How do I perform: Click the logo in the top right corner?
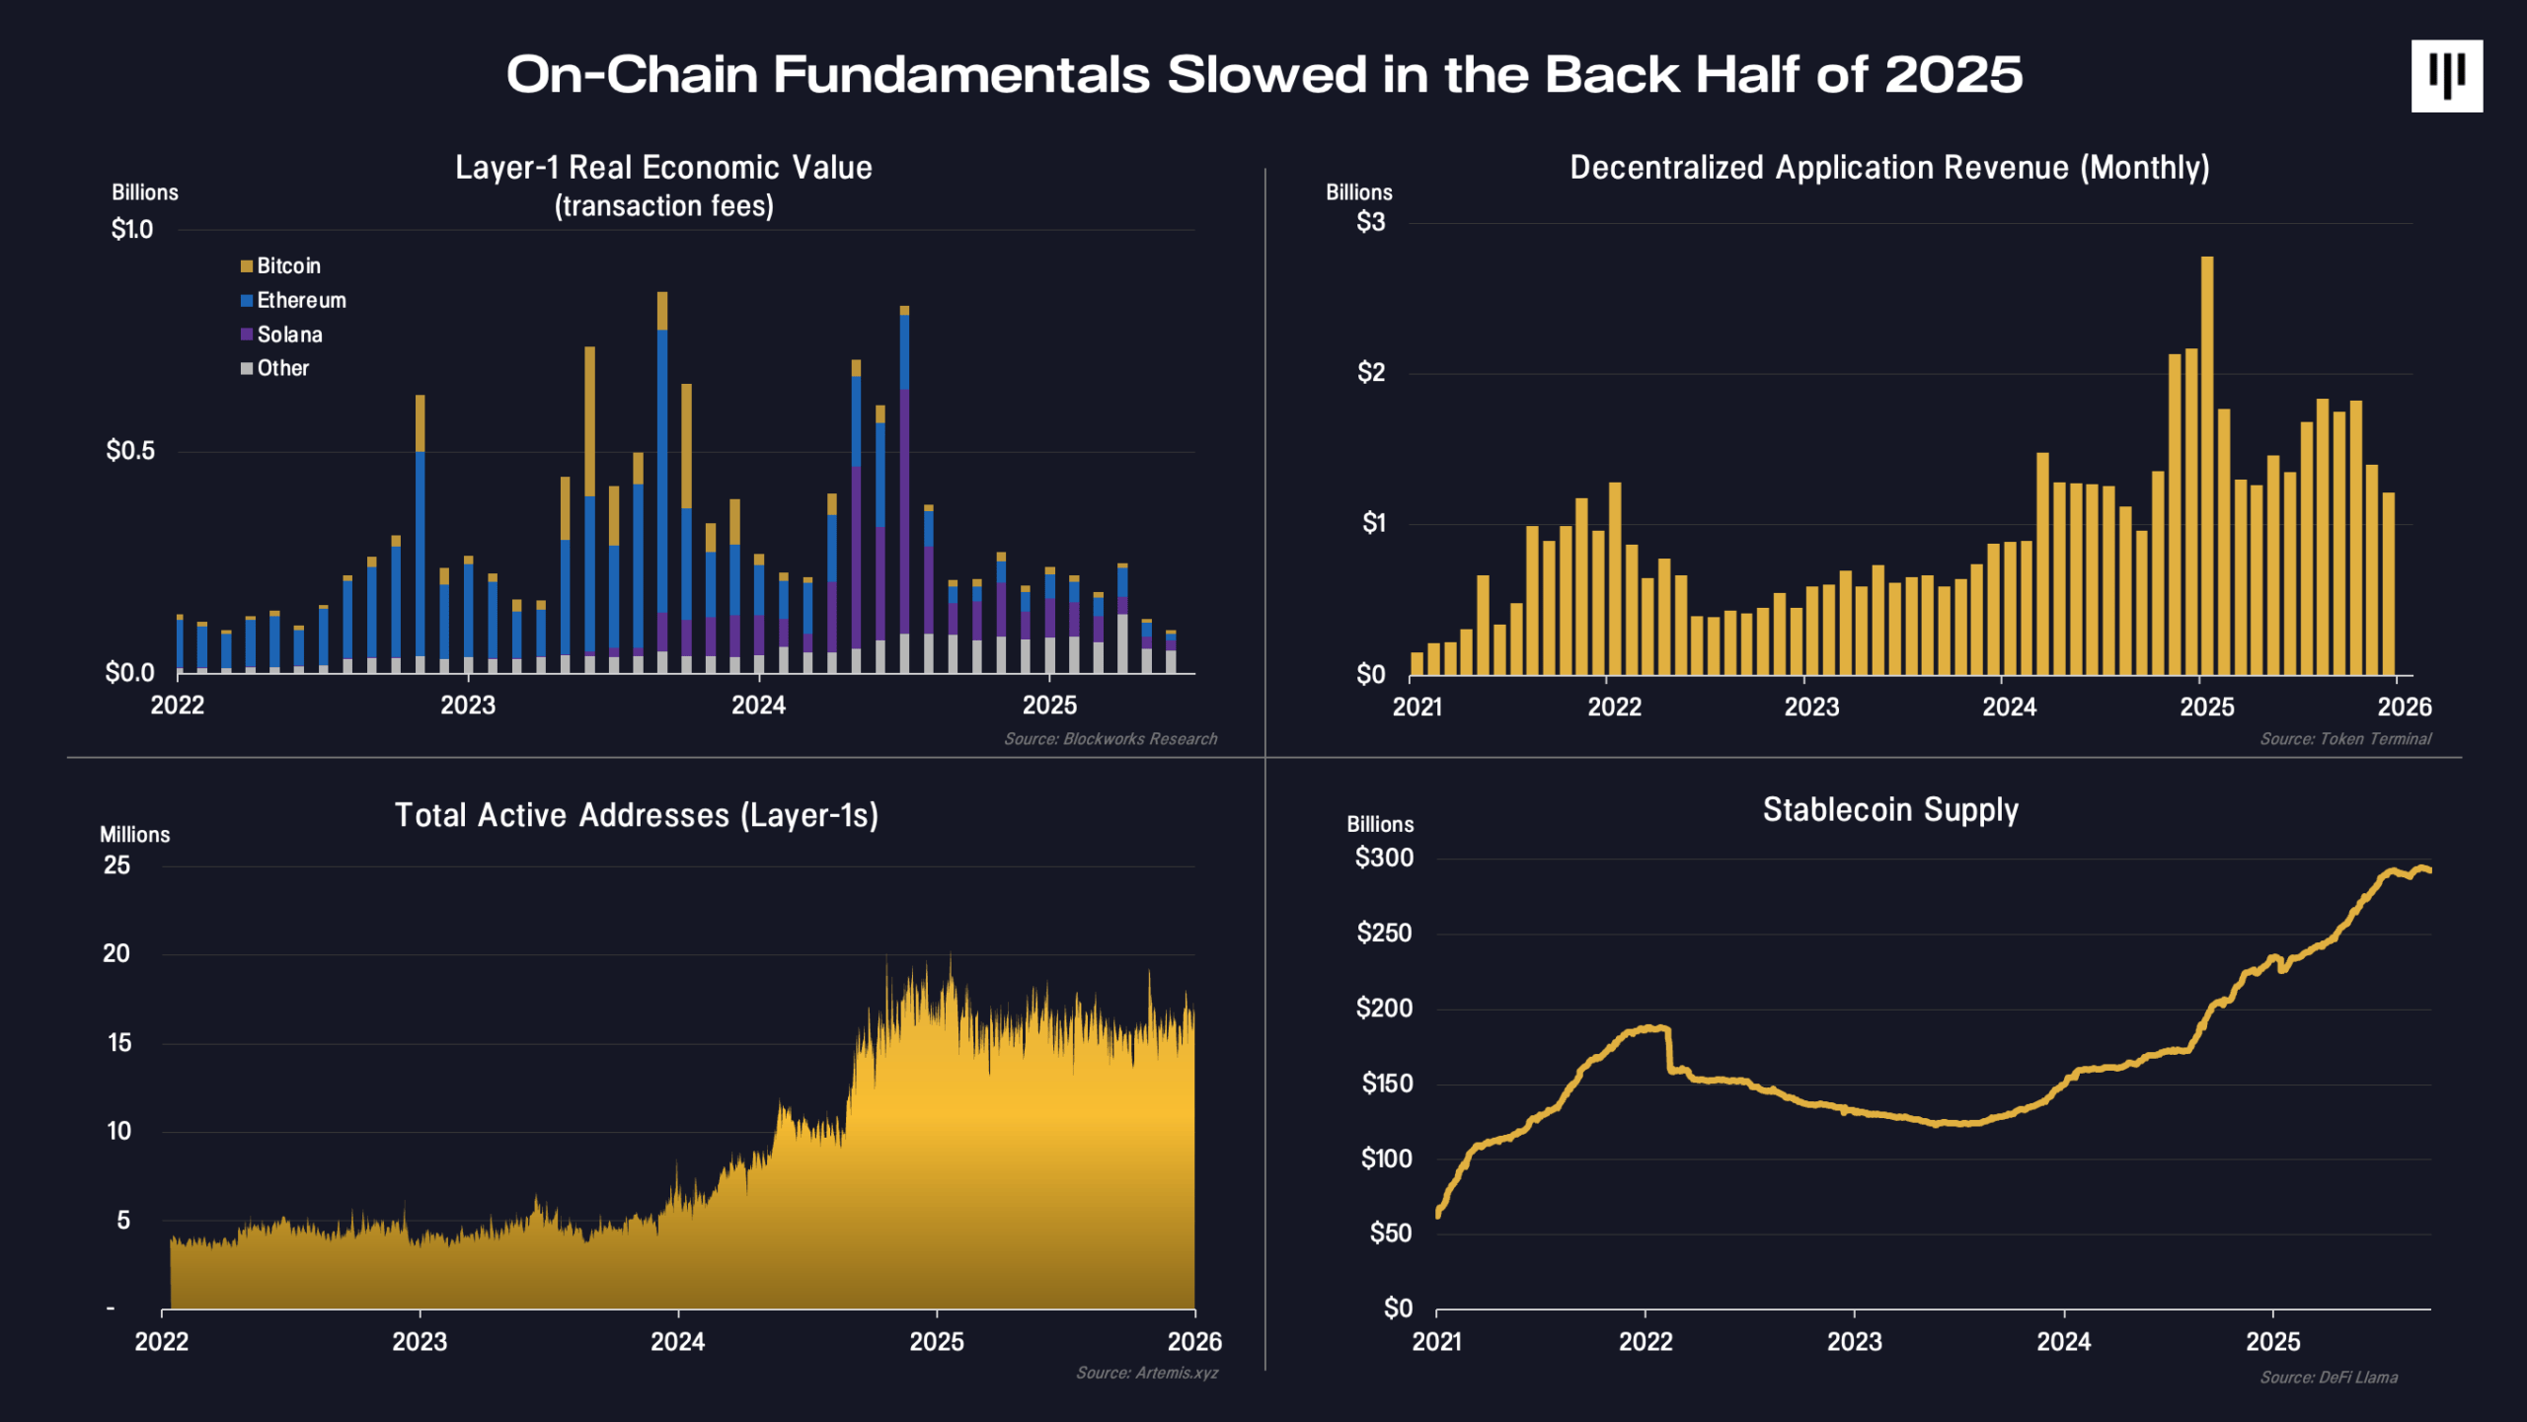(2446, 76)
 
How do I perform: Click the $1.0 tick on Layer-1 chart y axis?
(132, 230)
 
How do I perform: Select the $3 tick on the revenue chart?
(1370, 223)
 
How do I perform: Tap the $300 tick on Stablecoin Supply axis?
(1384, 859)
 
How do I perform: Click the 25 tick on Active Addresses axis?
(116, 865)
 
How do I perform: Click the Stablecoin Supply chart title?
(1890, 810)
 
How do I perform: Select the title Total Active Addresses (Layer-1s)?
(637, 816)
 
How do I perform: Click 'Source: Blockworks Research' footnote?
(1110, 739)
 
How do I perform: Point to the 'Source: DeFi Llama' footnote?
(2329, 1378)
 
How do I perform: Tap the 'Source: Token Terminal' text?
(2345, 739)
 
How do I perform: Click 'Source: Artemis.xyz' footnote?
(1147, 1373)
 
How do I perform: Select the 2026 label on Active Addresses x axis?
(1194, 1342)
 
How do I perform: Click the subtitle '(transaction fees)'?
(663, 206)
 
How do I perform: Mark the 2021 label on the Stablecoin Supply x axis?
(1436, 1342)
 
